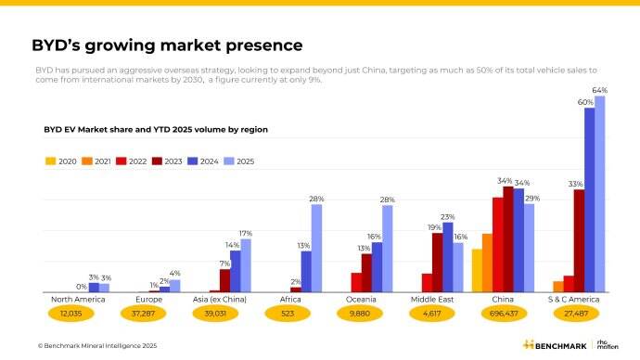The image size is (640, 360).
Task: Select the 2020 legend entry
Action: click(x=61, y=161)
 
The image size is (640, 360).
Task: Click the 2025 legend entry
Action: click(x=238, y=161)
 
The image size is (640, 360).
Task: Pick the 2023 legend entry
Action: click(x=167, y=161)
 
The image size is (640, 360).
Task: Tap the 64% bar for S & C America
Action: click(x=599, y=195)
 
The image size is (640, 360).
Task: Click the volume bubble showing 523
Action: click(x=290, y=315)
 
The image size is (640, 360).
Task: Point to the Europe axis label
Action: click(x=148, y=300)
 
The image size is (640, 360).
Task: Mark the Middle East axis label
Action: click(x=432, y=300)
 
